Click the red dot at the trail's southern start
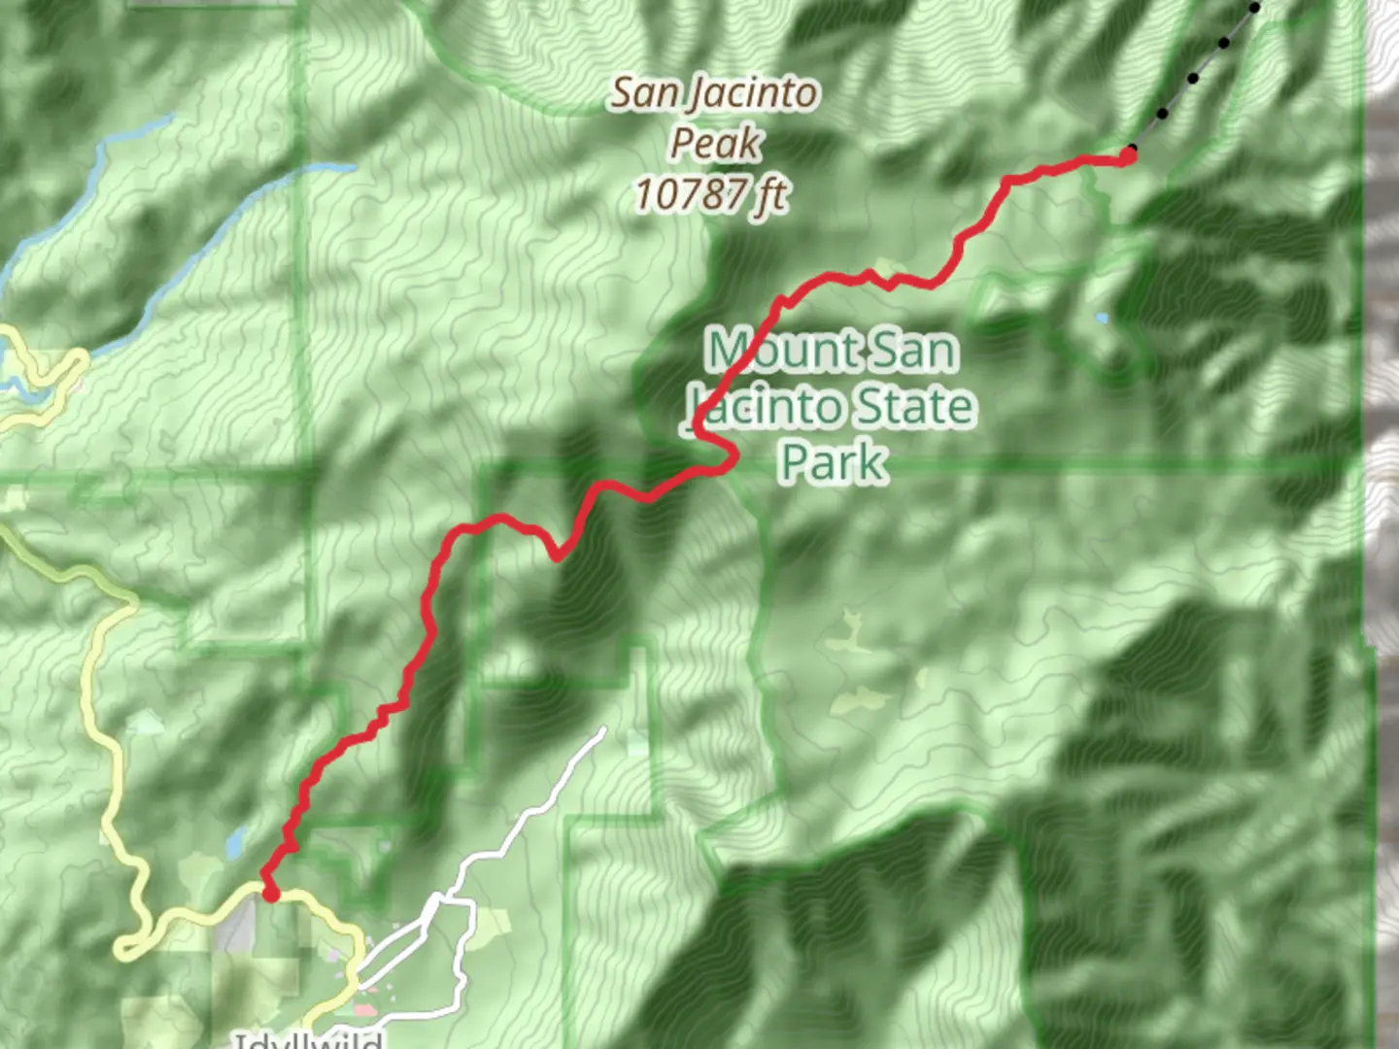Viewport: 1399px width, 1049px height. (271, 893)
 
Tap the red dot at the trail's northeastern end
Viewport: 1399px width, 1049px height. (1129, 154)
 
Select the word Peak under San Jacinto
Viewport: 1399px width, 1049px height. (715, 144)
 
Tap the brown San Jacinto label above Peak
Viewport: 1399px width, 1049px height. (714, 94)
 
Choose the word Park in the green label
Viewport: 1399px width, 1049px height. (834, 461)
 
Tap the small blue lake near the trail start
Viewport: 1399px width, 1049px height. (234, 843)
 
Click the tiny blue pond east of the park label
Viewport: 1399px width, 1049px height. (1101, 318)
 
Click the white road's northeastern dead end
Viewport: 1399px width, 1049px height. (603, 729)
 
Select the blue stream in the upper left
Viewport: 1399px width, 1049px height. (194, 233)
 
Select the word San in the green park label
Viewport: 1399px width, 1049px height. (913, 350)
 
